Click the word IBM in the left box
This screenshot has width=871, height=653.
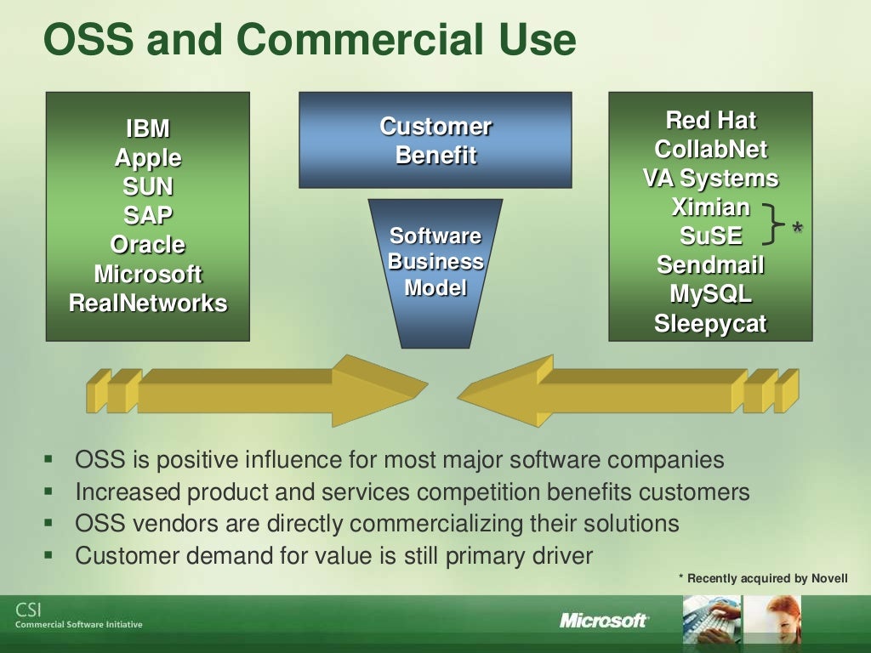pyautogui.click(x=148, y=129)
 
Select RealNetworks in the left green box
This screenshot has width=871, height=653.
pyautogui.click(x=148, y=303)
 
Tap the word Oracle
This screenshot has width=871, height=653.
pyautogui.click(x=148, y=245)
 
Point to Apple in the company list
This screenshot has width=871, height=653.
pyautogui.click(x=148, y=158)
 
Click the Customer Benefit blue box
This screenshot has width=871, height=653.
pyautogui.click(x=435, y=141)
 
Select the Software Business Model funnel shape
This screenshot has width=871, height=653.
pyautogui.click(x=435, y=264)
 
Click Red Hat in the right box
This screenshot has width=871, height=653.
pyautogui.click(x=710, y=120)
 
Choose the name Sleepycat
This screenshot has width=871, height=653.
pyautogui.click(x=710, y=324)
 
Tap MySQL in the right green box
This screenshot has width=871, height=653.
pyautogui.click(x=710, y=294)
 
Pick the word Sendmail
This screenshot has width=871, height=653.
pyautogui.click(x=710, y=265)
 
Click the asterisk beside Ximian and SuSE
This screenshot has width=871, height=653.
pyautogui.click(x=797, y=228)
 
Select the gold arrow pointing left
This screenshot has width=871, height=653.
pyautogui.click(x=621, y=390)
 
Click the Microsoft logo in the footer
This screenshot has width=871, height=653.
pyautogui.click(x=604, y=621)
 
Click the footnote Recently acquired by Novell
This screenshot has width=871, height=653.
pyautogui.click(x=763, y=578)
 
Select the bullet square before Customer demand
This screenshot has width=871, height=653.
pyautogui.click(x=48, y=556)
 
